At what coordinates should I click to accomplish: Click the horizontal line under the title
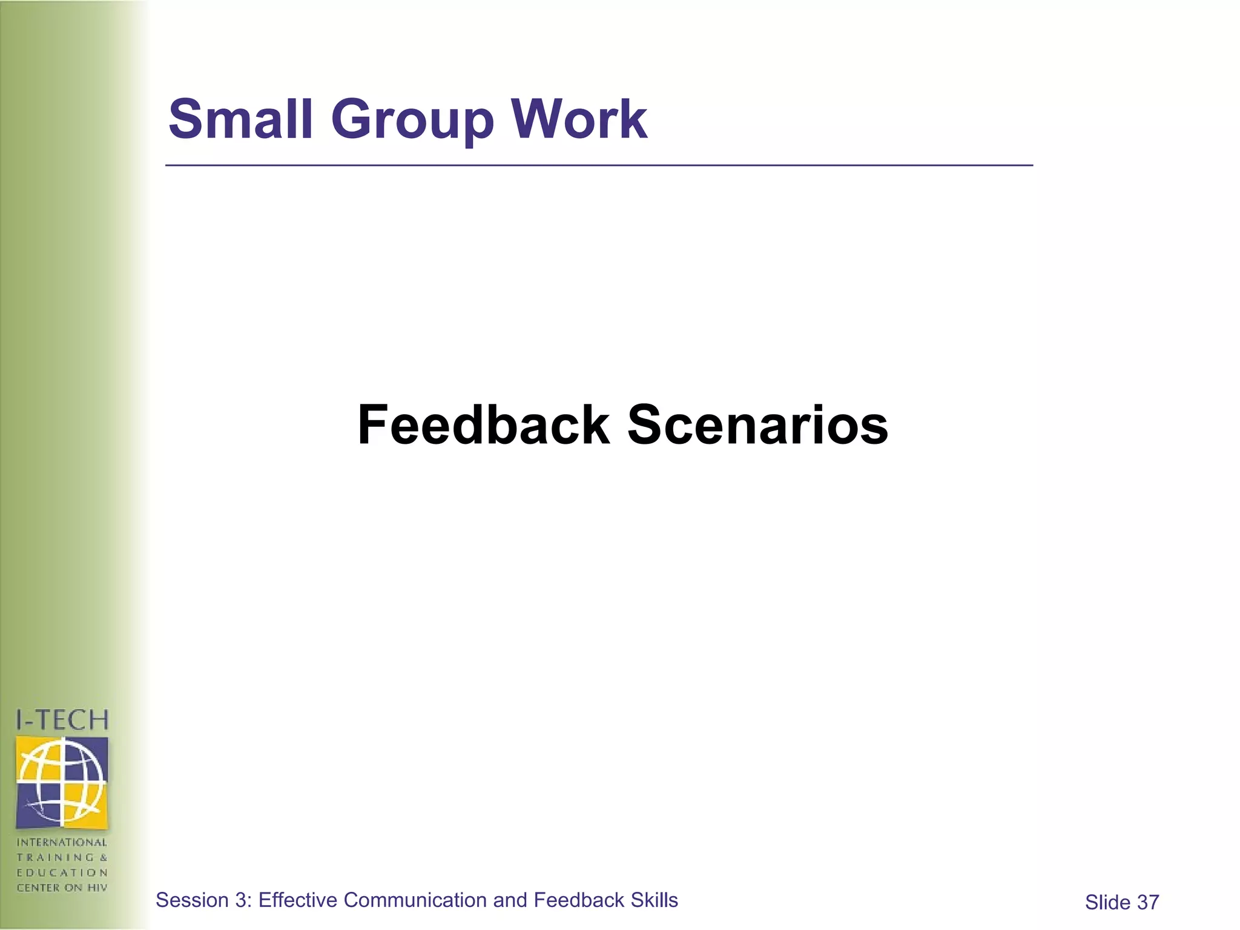[599, 165]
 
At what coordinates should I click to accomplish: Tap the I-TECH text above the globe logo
[62, 720]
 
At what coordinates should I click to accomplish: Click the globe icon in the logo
[62, 782]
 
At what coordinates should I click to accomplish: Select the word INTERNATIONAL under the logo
[62, 842]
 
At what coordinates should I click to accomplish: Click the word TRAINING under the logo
[55, 857]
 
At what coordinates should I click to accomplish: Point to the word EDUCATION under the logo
[62, 872]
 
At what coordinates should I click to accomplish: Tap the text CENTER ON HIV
[62, 888]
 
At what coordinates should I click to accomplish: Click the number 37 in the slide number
[1148, 903]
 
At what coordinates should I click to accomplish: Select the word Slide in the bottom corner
[1107, 903]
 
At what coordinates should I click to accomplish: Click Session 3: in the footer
[203, 900]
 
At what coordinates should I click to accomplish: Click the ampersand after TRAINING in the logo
[104, 857]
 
